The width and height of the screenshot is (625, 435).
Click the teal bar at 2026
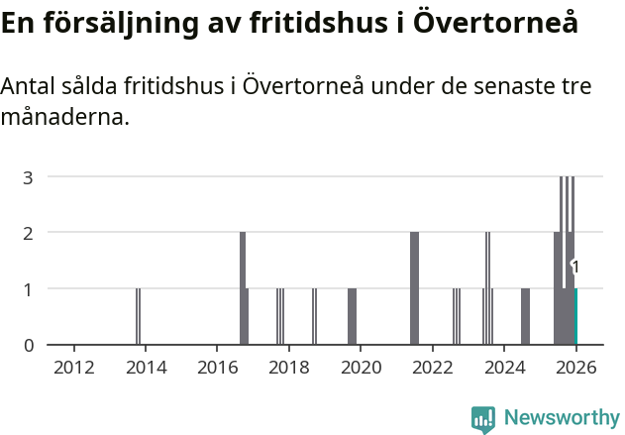[575, 316]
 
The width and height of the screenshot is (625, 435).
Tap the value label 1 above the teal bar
[575, 267]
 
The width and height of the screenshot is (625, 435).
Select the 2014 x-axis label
[146, 368]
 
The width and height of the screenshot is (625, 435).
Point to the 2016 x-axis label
[217, 368]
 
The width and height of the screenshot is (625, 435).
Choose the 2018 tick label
[288, 368]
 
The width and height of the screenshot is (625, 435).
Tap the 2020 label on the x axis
[361, 368]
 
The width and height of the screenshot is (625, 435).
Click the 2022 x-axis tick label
[432, 368]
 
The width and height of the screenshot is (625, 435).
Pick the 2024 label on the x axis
[504, 368]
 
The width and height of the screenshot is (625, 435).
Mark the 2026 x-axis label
[575, 368]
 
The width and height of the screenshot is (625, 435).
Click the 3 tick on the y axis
[29, 177]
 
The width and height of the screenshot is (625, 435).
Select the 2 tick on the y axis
[29, 233]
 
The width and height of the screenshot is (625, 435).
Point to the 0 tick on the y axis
[29, 345]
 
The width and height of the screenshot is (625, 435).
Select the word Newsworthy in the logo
[561, 417]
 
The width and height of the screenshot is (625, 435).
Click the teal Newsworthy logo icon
[483, 418]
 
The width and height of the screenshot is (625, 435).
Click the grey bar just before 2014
[139, 316]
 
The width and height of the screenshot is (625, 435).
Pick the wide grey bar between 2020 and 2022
[415, 288]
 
